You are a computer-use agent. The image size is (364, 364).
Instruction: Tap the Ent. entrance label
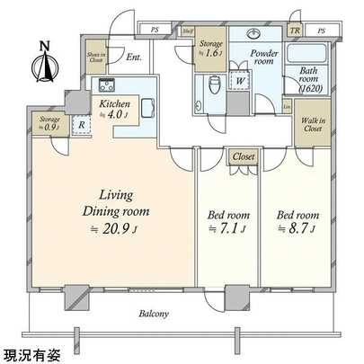tap(134, 58)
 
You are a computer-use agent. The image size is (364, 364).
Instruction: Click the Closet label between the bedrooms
tap(244, 156)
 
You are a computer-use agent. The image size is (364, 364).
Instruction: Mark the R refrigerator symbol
tap(82, 127)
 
